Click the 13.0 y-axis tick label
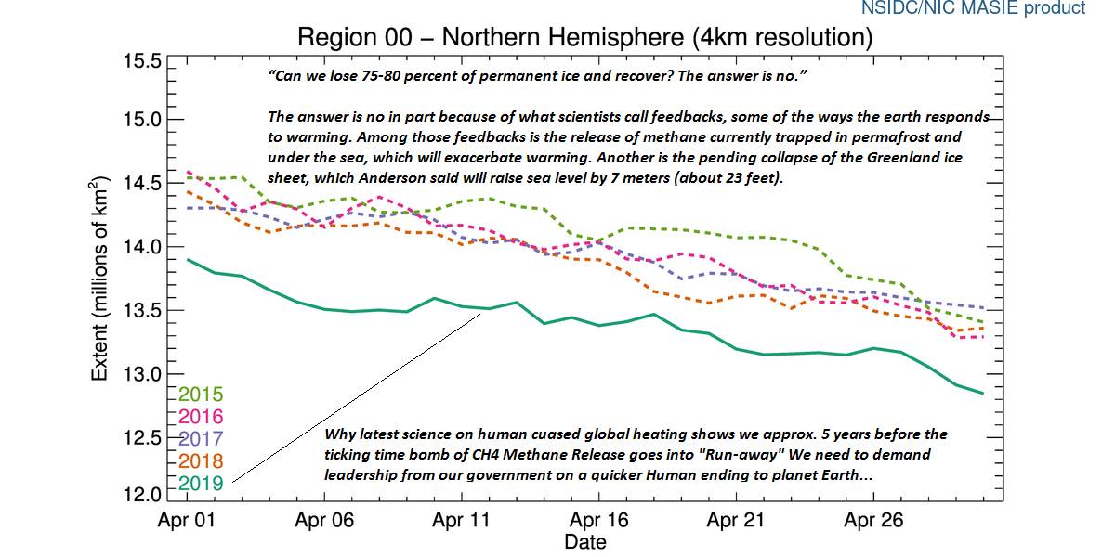click(x=143, y=374)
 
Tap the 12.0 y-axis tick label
click(x=143, y=493)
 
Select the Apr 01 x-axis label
click(x=187, y=521)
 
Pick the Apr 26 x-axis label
click(x=872, y=521)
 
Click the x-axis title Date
click(x=585, y=542)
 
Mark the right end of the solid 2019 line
click(x=983, y=394)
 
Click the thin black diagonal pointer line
click(x=358, y=397)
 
